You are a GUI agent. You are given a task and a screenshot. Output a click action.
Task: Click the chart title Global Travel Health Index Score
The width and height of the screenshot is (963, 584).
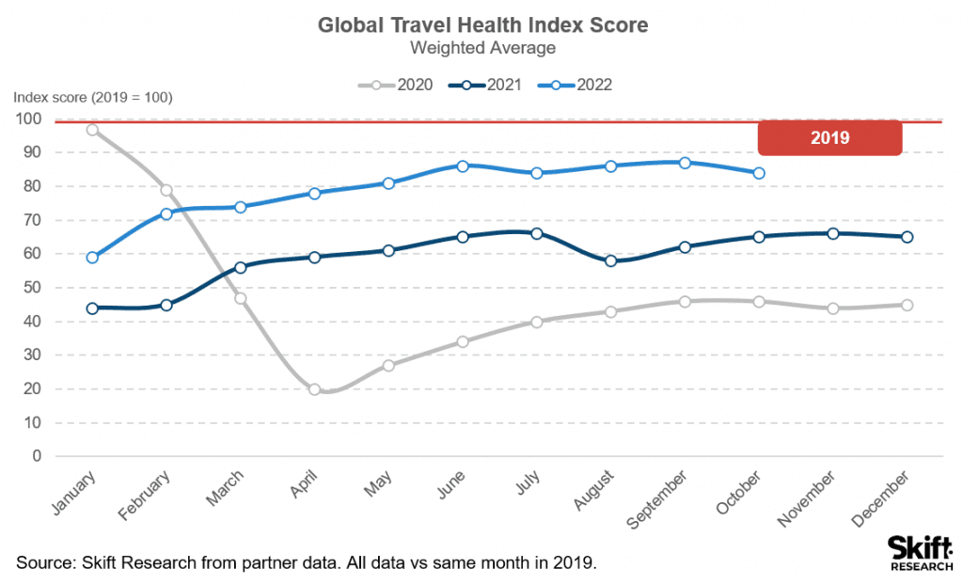click(x=483, y=24)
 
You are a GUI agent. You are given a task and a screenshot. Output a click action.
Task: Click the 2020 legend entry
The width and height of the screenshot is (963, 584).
click(x=395, y=85)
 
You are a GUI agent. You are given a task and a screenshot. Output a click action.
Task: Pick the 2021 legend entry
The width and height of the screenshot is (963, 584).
click(x=486, y=85)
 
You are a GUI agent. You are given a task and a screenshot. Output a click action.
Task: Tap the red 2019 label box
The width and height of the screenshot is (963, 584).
click(x=829, y=137)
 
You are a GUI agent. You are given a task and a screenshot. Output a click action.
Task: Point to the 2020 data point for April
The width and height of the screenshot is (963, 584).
click(x=314, y=389)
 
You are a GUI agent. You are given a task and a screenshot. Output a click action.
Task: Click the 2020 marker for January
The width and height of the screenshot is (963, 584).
click(x=92, y=130)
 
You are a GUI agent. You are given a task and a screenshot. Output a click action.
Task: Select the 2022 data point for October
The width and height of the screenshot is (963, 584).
click(x=759, y=173)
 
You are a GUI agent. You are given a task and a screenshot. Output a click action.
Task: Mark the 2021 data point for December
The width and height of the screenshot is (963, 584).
click(x=907, y=237)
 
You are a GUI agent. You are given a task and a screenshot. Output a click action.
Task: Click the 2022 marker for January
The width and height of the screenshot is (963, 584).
click(x=92, y=258)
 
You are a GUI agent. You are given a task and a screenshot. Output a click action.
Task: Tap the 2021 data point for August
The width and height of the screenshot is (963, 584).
click(x=611, y=260)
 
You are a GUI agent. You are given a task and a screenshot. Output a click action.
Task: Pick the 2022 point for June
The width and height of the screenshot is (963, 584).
click(x=463, y=166)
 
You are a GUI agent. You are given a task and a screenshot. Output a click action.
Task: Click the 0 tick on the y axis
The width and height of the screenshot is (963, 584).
click(x=36, y=456)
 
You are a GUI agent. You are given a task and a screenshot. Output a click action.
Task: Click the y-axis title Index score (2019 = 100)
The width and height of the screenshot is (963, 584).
click(x=92, y=98)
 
